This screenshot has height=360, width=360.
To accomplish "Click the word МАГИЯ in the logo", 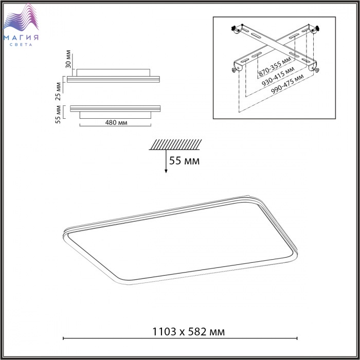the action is pos(21,38).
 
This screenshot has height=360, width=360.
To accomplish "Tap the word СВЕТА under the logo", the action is pos(21,45).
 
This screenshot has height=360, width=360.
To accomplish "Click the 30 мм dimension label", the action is pos(68,59).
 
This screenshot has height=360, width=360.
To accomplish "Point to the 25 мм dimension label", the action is pos(59,92).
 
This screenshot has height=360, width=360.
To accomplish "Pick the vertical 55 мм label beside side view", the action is pos(58,114).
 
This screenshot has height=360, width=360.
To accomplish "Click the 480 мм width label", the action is pos(116,122).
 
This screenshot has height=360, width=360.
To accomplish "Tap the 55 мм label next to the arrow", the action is pos(184,160).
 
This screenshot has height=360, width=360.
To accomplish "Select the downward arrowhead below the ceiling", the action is pos(166,171).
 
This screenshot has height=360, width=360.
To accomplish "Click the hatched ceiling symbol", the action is pos(175,145).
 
